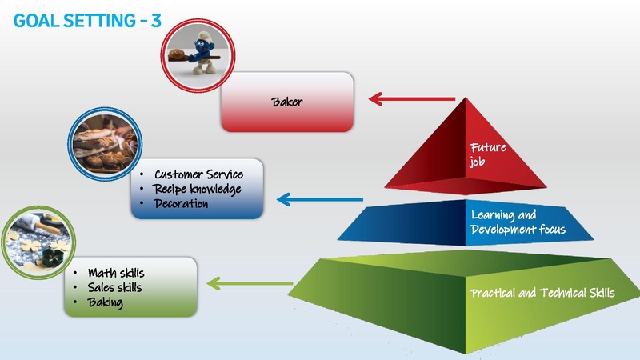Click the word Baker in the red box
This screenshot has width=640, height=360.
coord(287,102)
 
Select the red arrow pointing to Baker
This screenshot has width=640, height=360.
coord(411,100)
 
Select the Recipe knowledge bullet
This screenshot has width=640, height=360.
coord(197,189)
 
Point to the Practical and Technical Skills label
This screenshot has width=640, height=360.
coord(542,294)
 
